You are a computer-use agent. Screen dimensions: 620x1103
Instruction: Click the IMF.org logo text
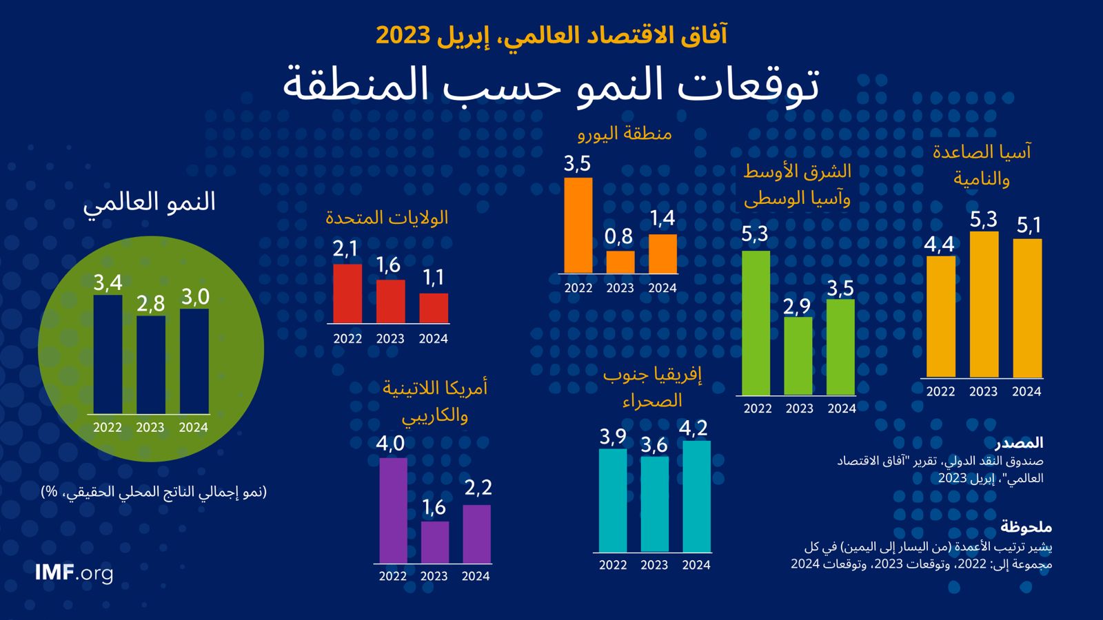coord(74,572)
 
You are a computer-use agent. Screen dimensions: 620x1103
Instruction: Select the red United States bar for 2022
coord(347,293)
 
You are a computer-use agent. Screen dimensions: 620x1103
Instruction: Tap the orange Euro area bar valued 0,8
coord(620,262)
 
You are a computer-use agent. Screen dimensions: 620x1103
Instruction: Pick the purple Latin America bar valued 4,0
coord(393,510)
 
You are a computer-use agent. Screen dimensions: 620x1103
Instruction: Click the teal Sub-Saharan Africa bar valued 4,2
coord(696,496)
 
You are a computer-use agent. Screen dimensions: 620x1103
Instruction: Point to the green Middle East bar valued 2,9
coord(798,355)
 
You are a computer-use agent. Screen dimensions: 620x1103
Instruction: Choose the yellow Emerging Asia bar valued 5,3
coord(984,304)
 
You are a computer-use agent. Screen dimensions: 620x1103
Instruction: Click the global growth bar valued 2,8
coord(150,364)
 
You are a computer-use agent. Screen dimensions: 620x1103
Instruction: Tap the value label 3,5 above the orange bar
coord(577,164)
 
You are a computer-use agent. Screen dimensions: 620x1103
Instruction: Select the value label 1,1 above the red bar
coord(433,278)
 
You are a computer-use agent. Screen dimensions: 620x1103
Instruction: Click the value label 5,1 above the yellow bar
coord(1028,225)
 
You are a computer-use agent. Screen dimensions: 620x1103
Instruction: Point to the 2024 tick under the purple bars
coord(476,576)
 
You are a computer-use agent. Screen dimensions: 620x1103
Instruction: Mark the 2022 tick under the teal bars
coord(613,565)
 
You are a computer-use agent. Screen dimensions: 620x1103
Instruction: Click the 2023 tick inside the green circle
coord(150,427)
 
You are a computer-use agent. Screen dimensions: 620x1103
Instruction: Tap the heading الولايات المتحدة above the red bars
coord(387,218)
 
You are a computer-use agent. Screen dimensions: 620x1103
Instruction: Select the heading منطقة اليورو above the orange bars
coord(625,133)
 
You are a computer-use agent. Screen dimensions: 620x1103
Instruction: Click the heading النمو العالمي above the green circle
coord(150,202)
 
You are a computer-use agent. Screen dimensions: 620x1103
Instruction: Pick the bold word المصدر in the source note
coord(1019,442)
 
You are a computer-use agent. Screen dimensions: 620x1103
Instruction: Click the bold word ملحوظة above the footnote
coord(1026,527)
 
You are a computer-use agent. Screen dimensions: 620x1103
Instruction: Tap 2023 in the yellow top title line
coord(403,35)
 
